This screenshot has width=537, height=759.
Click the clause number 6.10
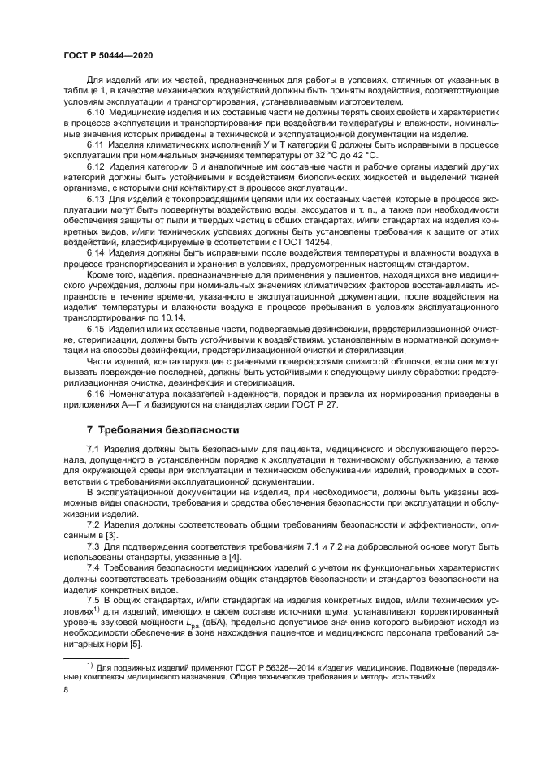pyautogui.click(x=97, y=114)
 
